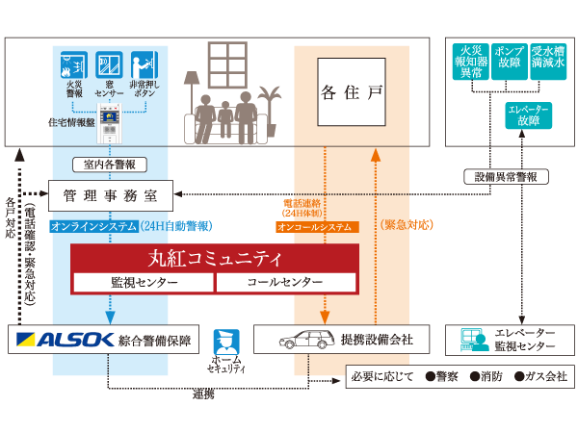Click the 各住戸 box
[352, 93]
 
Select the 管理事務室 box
[110, 196]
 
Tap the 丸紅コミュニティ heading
[214, 259]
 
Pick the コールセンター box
[285, 283]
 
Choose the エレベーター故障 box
[528, 116]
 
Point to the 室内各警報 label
[110, 165]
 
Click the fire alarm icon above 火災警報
[74, 65]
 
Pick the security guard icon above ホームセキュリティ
[226, 342]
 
